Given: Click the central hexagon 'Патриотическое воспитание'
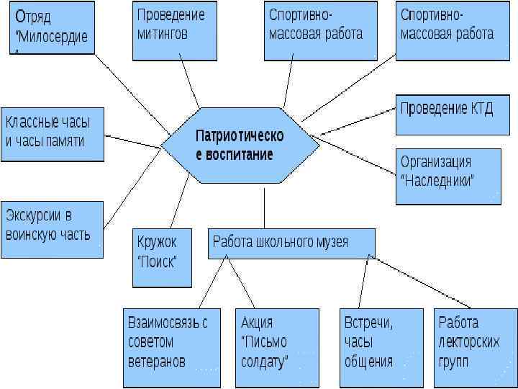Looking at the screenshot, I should (x=239, y=144).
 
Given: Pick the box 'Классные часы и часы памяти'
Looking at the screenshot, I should (x=52, y=134).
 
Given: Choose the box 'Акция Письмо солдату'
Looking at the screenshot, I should (x=277, y=347).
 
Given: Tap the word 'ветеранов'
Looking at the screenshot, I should (x=156, y=361).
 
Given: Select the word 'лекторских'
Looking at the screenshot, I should (x=468, y=342).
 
